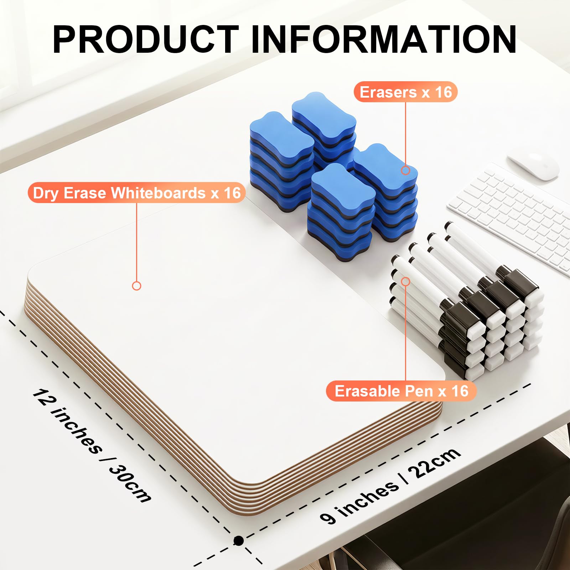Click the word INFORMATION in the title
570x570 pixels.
point(384,40)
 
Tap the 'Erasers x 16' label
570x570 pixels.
point(405,92)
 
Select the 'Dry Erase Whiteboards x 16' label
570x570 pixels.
point(137,193)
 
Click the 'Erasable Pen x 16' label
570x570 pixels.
point(401,391)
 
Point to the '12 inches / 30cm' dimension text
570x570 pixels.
point(92,445)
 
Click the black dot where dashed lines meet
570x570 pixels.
point(238,540)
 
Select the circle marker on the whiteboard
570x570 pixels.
point(136,286)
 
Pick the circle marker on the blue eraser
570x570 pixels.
point(405,170)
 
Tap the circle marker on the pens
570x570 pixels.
point(406,282)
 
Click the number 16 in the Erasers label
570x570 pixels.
point(444,92)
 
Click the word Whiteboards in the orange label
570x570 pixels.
point(158,193)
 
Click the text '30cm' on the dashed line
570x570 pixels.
point(130,483)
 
